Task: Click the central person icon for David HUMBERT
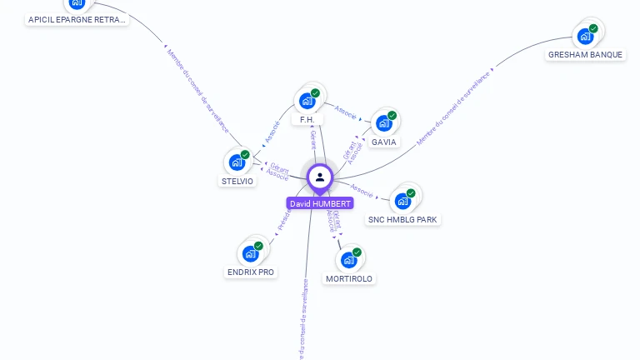click(320, 177)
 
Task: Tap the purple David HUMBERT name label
click(320, 203)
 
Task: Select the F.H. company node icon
click(307, 102)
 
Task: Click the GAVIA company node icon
click(383, 123)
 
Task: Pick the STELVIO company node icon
click(237, 162)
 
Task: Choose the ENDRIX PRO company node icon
click(250, 253)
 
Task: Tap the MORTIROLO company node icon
click(348, 260)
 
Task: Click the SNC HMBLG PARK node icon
click(402, 201)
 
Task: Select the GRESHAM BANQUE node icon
click(585, 36)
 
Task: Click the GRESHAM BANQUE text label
click(585, 55)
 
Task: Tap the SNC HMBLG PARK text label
click(403, 220)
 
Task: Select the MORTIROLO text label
click(349, 278)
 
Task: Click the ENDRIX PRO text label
click(251, 272)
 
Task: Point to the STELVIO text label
click(237, 181)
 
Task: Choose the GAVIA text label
click(384, 142)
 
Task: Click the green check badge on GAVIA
click(392, 115)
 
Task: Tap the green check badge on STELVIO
click(246, 154)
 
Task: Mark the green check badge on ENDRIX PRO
click(258, 246)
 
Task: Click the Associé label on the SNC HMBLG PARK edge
click(362, 188)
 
